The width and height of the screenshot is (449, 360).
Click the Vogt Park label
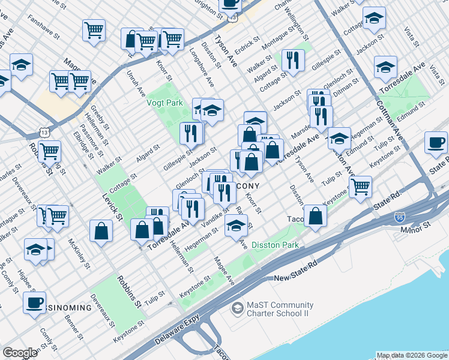pyautogui.click(x=165, y=103)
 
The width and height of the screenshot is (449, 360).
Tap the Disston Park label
pyautogui.click(x=275, y=245)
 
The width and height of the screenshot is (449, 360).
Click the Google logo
pyautogui.click(x=20, y=353)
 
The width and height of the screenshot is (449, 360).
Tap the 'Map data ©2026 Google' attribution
pyautogui.click(x=412, y=355)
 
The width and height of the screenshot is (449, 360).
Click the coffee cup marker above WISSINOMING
pyautogui.click(x=34, y=302)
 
